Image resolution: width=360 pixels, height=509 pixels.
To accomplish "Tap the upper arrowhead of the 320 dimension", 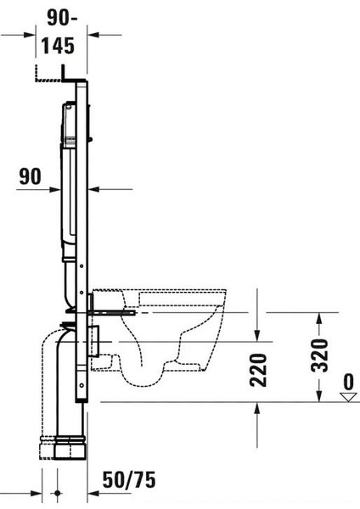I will click(319, 318).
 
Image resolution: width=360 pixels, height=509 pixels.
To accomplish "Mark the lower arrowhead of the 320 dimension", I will click(319, 394).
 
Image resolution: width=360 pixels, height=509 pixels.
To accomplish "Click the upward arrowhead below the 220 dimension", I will click(256, 407).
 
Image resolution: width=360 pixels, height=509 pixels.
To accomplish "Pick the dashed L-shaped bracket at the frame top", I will click(49, 76).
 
